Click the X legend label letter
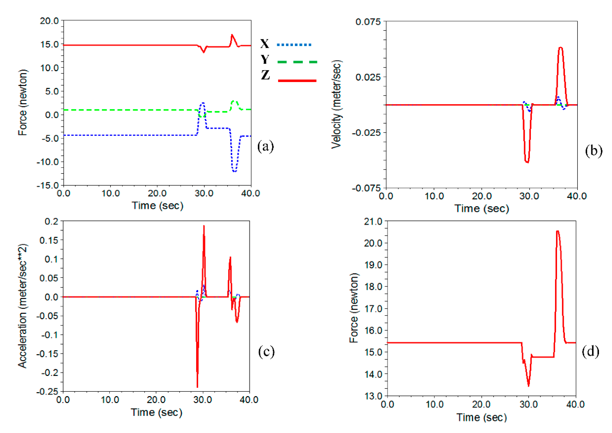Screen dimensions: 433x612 (x=265, y=43)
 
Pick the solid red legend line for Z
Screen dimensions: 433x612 (x=297, y=80)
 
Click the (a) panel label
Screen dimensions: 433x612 (x=265, y=146)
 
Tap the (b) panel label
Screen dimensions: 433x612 (x=593, y=151)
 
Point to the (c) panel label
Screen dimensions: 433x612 (x=266, y=351)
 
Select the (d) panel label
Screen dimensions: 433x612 (x=590, y=351)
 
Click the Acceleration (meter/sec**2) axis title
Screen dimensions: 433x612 (x=23, y=306)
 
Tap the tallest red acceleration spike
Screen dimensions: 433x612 (x=204, y=226)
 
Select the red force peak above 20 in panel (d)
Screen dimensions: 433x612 (x=558, y=231)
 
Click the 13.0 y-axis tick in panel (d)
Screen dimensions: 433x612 (x=373, y=396)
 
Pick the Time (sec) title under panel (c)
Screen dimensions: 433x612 (x=157, y=412)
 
